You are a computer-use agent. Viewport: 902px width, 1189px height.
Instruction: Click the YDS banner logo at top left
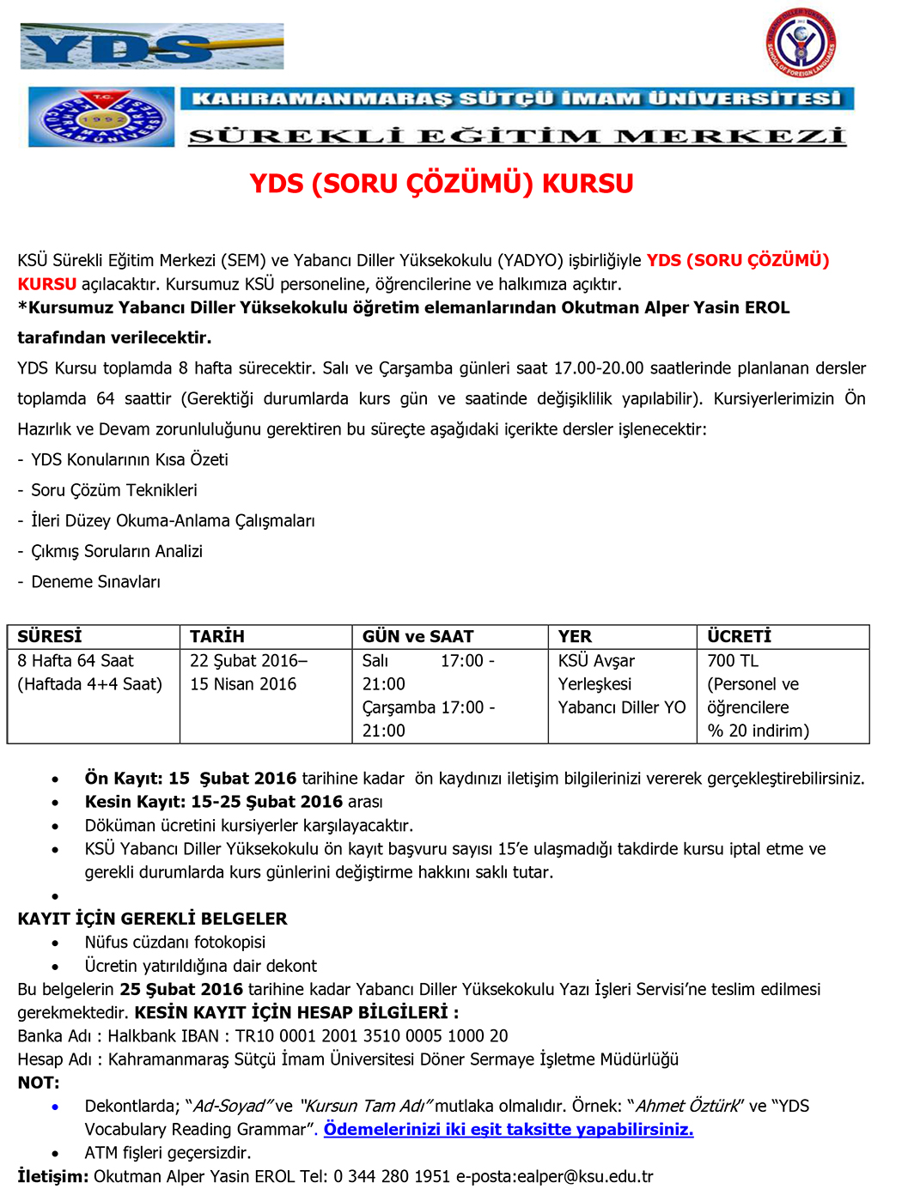151,46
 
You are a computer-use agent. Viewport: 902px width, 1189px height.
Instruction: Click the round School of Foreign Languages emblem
801,42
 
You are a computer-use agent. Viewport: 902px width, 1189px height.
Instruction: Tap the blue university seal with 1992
101,117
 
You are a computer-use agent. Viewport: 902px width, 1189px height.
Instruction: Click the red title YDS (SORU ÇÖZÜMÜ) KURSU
442,184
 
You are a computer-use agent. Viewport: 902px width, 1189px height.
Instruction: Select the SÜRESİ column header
50,636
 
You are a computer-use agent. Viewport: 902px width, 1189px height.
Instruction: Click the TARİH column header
217,636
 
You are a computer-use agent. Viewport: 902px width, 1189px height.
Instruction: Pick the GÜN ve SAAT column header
417,636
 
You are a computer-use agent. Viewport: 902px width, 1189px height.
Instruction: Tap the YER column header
575,636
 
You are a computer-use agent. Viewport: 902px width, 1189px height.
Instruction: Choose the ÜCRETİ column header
739,636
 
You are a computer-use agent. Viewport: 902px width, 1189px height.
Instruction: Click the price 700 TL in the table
733,660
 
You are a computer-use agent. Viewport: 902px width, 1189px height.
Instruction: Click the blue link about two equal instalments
509,1129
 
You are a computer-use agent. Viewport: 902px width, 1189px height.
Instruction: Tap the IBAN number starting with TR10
372,1036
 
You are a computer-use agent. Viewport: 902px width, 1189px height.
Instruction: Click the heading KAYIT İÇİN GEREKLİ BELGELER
152,919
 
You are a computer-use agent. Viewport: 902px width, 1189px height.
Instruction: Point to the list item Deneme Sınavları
95,582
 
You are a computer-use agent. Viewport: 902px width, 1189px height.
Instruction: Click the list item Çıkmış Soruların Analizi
117,551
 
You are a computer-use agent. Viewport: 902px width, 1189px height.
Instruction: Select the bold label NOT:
39,1083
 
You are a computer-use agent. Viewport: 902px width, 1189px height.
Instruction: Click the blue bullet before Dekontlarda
55,1107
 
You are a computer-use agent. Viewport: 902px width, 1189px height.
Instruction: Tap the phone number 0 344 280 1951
392,1176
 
